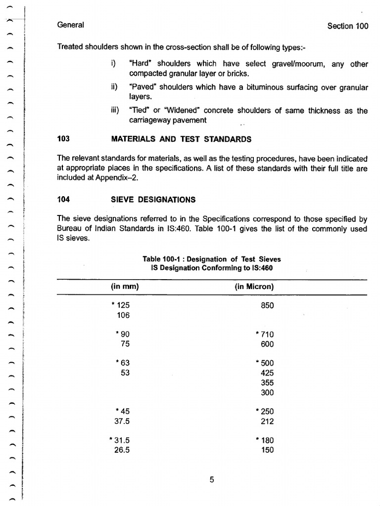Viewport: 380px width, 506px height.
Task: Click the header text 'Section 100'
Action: pyautogui.click(x=347, y=26)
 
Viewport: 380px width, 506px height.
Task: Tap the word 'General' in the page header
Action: pyautogui.click(x=71, y=25)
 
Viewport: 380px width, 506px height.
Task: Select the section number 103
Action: pyautogui.click(x=63, y=139)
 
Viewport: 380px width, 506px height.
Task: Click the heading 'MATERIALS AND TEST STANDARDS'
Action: pyautogui.click(x=182, y=139)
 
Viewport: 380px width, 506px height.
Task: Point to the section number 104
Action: pyautogui.click(x=63, y=200)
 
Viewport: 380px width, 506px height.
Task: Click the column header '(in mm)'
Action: pyautogui.click(x=125, y=287)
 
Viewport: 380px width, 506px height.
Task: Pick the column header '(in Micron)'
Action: pyautogui.click(x=254, y=287)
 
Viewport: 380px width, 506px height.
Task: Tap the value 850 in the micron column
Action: pyautogui.click(x=267, y=305)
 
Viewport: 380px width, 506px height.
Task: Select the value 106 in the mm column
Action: pyautogui.click(x=123, y=315)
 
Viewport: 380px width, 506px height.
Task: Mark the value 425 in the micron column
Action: pyautogui.click(x=267, y=373)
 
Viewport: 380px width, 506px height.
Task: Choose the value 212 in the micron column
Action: pyautogui.click(x=267, y=422)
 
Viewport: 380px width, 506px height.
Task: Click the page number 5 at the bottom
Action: pyautogui.click(x=211, y=479)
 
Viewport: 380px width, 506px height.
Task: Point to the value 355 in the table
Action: pyautogui.click(x=267, y=382)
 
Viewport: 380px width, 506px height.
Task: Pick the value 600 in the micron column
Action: pyautogui.click(x=267, y=344)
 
